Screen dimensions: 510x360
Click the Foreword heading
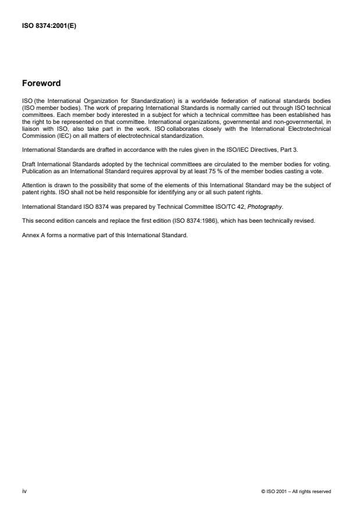coord(41,83)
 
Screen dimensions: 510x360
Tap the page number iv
coord(24,491)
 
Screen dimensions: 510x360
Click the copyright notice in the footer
coord(297,491)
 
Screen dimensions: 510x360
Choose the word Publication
coord(34,173)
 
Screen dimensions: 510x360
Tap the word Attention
coord(32,187)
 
